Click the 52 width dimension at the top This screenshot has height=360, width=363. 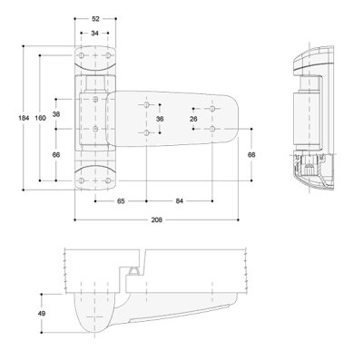coord(95,18)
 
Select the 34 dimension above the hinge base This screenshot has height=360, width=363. coord(95,34)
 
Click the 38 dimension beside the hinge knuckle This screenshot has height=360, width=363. coord(56,114)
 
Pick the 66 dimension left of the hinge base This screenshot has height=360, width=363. coord(56,155)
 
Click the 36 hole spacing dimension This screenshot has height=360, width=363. coord(160,119)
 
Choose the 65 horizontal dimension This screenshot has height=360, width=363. coord(121,200)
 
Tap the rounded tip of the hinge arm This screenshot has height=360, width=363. coord(234,118)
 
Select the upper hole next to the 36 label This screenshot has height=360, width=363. coord(145,106)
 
